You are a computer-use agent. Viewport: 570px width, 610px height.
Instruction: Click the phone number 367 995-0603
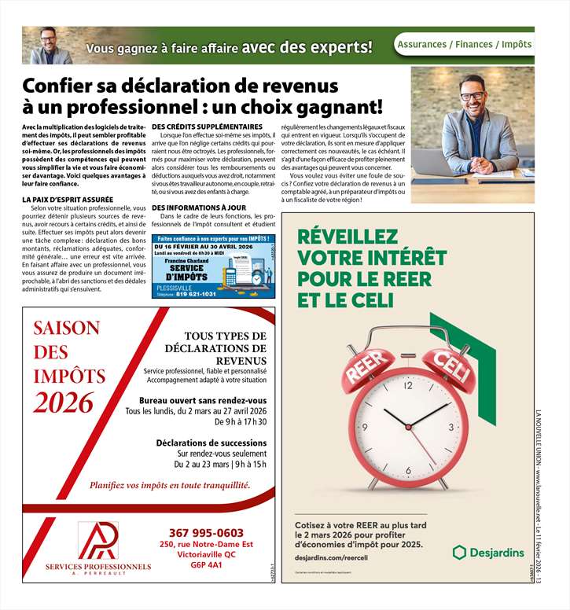[x=206, y=532]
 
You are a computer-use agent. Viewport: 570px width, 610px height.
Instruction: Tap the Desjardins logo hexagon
[x=460, y=552]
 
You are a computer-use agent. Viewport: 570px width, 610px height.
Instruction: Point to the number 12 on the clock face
[x=407, y=386]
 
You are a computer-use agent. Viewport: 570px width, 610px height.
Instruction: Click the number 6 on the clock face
[x=407, y=471]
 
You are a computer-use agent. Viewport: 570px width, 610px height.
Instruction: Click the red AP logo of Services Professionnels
[x=98, y=540]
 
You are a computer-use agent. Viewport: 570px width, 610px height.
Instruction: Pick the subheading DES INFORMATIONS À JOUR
[x=198, y=208]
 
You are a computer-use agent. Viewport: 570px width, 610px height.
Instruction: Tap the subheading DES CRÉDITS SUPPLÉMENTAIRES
[x=207, y=127]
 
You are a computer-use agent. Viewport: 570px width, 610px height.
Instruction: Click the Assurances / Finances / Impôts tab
[x=464, y=45]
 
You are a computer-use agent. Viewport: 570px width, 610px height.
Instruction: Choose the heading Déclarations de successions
[x=211, y=443]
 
